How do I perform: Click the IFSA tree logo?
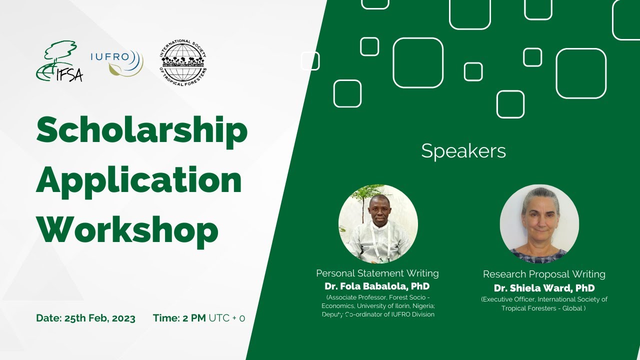coord(59,61)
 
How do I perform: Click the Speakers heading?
coord(463,151)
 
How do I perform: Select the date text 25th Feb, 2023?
coord(100,318)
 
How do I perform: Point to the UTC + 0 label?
coord(226,318)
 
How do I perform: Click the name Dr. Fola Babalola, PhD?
coord(377,286)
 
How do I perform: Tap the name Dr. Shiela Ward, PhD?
coord(544,288)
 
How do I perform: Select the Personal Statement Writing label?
coord(377,273)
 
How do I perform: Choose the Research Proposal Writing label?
coord(544,274)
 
